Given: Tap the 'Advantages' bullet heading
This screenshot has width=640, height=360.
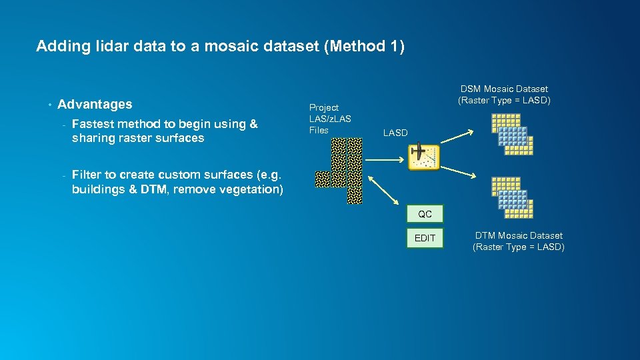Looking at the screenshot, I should pyautogui.click(x=95, y=104).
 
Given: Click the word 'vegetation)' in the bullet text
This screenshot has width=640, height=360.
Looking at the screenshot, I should pyautogui.click(x=249, y=189).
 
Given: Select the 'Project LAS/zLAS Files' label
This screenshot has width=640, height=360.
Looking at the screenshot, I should pyautogui.click(x=329, y=119).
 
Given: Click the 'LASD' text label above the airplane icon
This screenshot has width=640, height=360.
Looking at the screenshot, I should pyautogui.click(x=395, y=133).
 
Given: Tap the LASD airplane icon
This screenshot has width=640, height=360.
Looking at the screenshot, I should pyautogui.click(x=424, y=157).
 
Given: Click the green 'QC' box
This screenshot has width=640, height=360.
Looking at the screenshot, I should pyautogui.click(x=425, y=214).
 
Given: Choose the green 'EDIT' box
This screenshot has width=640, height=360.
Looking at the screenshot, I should pyautogui.click(x=425, y=238).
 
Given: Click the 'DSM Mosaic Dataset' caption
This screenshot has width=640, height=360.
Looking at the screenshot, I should pyautogui.click(x=504, y=94).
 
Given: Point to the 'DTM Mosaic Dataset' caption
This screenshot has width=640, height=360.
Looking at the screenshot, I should pyautogui.click(x=518, y=241).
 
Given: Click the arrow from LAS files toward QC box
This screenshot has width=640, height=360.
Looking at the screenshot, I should pyautogui.click(x=383, y=192).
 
